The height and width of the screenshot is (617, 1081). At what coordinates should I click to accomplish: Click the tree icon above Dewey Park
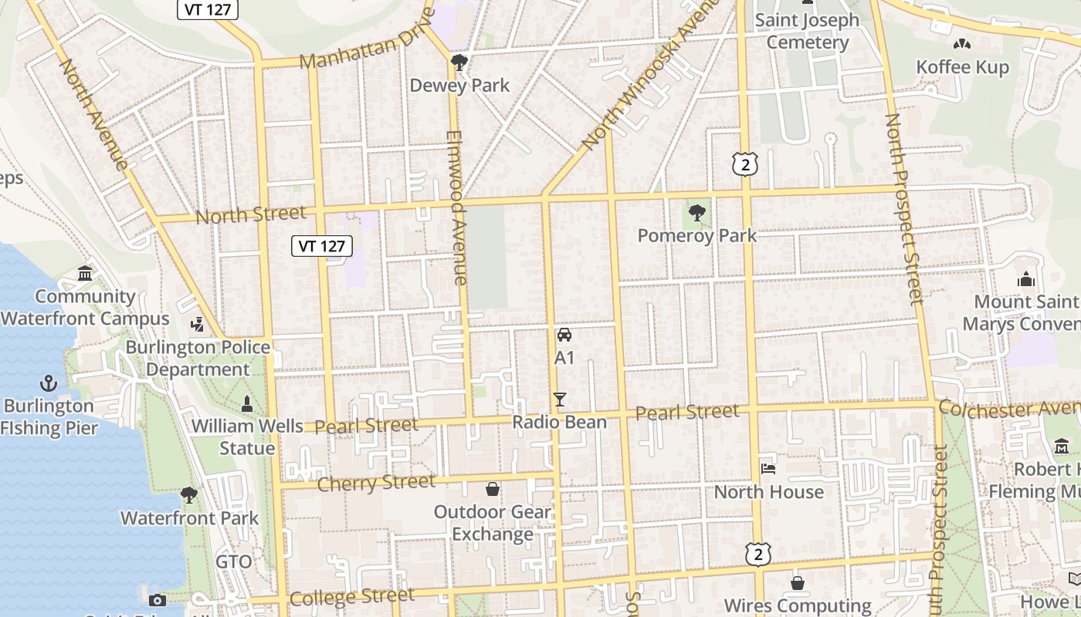click(x=459, y=62)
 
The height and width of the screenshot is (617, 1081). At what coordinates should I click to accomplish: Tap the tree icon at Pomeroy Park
click(x=696, y=212)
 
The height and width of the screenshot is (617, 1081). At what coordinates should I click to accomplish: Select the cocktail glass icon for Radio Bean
click(x=560, y=399)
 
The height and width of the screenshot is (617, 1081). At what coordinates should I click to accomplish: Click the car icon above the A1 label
click(x=564, y=335)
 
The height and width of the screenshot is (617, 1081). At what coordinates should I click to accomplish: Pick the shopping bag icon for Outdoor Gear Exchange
click(x=492, y=489)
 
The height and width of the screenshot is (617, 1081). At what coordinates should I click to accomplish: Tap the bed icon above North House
click(x=768, y=468)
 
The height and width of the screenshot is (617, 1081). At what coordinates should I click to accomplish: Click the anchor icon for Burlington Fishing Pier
click(x=49, y=383)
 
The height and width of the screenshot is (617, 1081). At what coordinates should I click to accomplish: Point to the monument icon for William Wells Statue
click(x=247, y=403)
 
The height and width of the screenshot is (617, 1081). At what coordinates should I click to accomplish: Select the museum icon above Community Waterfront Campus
click(x=85, y=273)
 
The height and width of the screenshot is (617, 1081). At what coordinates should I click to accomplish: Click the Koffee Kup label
click(x=962, y=67)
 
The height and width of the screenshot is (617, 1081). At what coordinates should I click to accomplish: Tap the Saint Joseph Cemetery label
click(x=807, y=31)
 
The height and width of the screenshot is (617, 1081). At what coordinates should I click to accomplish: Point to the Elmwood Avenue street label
click(x=456, y=208)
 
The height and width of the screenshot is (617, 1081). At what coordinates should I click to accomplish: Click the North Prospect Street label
click(x=903, y=208)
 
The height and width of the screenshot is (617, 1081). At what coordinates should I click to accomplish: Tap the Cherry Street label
click(x=376, y=484)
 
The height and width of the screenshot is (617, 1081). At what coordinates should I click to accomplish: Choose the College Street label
click(x=351, y=597)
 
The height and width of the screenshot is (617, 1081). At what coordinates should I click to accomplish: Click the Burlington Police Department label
click(x=198, y=358)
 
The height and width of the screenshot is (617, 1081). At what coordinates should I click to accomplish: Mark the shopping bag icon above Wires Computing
click(x=797, y=583)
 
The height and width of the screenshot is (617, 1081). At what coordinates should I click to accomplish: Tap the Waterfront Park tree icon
click(x=189, y=494)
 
